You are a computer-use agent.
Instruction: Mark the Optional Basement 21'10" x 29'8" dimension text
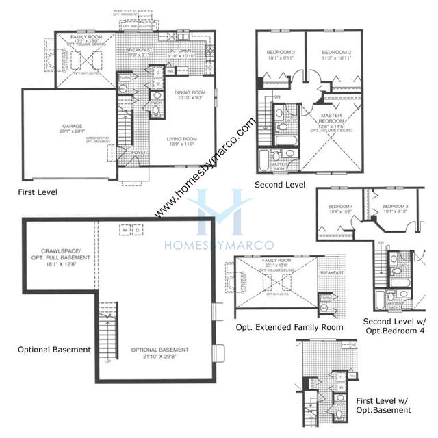click(161, 357)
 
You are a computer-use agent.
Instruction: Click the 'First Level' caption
click(38, 192)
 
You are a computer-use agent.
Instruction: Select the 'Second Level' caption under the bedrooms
click(279, 185)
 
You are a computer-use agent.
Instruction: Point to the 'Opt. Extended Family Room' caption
click(289, 328)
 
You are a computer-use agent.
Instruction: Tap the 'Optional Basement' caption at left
click(54, 350)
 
